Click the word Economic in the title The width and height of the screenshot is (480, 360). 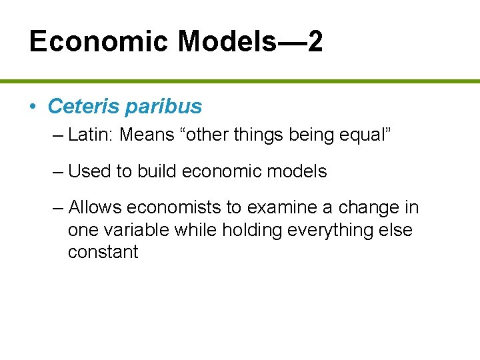point(99,42)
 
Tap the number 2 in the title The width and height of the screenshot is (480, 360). point(315,42)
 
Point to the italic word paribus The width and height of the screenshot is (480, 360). point(164,107)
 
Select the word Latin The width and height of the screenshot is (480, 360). point(91,135)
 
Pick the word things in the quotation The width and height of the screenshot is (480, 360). point(254,135)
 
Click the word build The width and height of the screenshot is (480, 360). point(157,171)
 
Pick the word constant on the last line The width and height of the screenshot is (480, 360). point(103,253)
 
